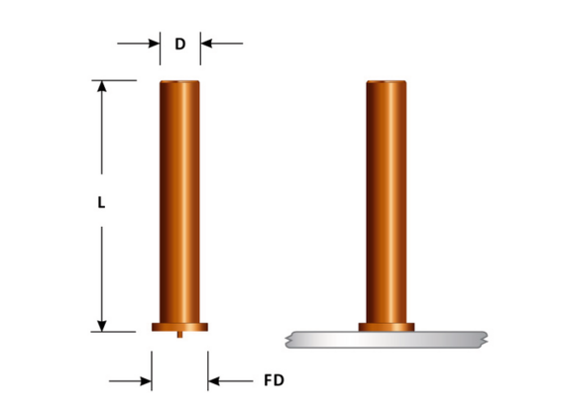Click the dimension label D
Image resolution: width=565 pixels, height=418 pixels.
(180, 44)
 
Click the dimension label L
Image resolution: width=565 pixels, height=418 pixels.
(101, 203)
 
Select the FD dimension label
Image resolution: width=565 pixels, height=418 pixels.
(274, 380)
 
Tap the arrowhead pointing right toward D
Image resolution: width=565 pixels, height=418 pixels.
(155, 44)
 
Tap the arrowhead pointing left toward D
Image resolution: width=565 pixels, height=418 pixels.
(206, 44)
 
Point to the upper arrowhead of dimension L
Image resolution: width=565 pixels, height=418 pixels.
(102, 86)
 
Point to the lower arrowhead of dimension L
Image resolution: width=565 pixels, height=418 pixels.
(102, 326)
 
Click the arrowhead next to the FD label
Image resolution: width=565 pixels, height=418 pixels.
(214, 381)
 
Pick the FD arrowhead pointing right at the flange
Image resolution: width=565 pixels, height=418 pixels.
(146, 381)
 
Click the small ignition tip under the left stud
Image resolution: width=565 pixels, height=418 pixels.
(179, 335)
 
